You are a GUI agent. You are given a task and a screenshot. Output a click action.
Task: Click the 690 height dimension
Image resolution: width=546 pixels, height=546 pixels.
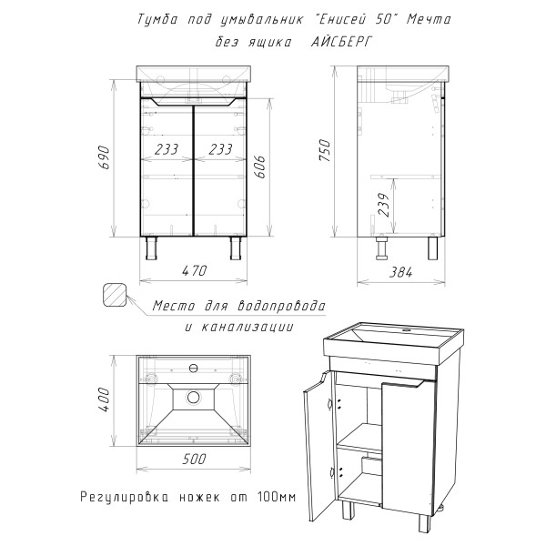pyautogui.click(x=105, y=157)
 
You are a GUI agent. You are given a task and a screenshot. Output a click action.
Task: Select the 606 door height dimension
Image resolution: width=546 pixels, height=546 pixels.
pyautogui.click(x=260, y=167)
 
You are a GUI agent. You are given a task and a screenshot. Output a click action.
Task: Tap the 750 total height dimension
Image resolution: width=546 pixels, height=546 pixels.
pyautogui.click(x=325, y=150)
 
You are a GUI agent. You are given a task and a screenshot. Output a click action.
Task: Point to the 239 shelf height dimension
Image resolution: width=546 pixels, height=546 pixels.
pyautogui.click(x=384, y=205)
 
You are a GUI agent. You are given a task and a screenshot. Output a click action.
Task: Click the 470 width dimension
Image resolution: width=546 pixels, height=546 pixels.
pyautogui.click(x=195, y=270)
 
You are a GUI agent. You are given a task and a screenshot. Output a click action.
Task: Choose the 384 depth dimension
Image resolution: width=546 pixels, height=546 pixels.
pyautogui.click(x=400, y=272)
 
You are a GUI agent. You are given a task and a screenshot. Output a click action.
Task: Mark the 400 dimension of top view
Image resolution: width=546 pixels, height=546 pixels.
pyautogui.click(x=105, y=399)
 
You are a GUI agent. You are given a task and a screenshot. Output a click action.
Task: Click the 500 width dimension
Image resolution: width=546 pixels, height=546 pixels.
pyautogui.click(x=195, y=459)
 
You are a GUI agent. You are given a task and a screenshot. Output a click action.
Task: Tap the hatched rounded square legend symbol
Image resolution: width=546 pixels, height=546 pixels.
pyautogui.click(x=115, y=295)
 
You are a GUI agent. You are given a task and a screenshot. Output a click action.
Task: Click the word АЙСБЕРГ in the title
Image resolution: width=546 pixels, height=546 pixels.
pyautogui.click(x=341, y=42)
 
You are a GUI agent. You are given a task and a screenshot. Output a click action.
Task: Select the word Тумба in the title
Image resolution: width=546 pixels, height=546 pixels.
pyautogui.click(x=157, y=19)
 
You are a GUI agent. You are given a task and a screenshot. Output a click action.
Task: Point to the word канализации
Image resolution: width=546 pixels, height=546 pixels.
pyautogui.click(x=248, y=327)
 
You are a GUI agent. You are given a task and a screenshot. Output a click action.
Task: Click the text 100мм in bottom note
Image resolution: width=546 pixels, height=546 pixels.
pyautogui.click(x=277, y=496)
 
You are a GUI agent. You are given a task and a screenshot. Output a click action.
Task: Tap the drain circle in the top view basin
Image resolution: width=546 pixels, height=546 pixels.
pyautogui.click(x=193, y=397)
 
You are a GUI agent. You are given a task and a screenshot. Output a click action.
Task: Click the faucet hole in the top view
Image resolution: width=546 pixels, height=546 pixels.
pyautogui.click(x=193, y=368)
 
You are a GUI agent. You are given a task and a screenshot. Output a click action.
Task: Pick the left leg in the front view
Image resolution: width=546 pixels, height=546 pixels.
pyautogui.click(x=151, y=248)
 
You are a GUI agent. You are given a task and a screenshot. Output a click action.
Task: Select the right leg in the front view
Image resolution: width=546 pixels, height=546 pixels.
pyautogui.click(x=236, y=248)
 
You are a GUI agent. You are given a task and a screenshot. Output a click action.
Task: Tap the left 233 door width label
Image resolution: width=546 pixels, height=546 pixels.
pyautogui.click(x=167, y=149)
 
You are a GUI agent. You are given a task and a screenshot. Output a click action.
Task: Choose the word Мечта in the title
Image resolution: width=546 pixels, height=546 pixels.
pyautogui.click(x=429, y=19)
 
